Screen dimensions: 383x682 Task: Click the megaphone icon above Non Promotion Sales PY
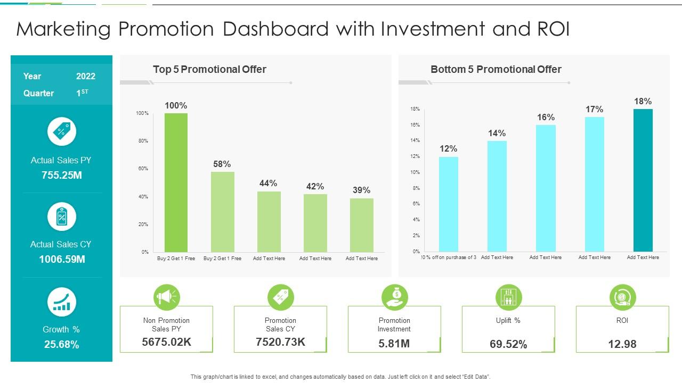(x=167, y=297)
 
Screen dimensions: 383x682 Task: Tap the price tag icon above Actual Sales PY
(x=62, y=131)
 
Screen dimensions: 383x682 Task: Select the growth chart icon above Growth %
(x=62, y=302)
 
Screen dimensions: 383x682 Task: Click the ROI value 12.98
(x=622, y=344)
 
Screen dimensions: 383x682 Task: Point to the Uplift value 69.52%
(x=508, y=344)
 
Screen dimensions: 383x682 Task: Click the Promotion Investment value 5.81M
(x=394, y=344)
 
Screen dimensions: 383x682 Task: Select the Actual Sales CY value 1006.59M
(x=62, y=260)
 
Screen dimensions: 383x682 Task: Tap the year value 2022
(x=86, y=76)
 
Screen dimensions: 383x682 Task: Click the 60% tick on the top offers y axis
(x=142, y=169)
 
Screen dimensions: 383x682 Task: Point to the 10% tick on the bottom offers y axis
(x=415, y=172)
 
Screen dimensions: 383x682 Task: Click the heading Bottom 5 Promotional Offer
(x=496, y=69)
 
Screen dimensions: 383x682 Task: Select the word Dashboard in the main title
(x=275, y=29)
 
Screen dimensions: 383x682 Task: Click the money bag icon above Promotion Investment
(x=395, y=297)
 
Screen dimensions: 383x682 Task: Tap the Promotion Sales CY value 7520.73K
(x=280, y=342)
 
